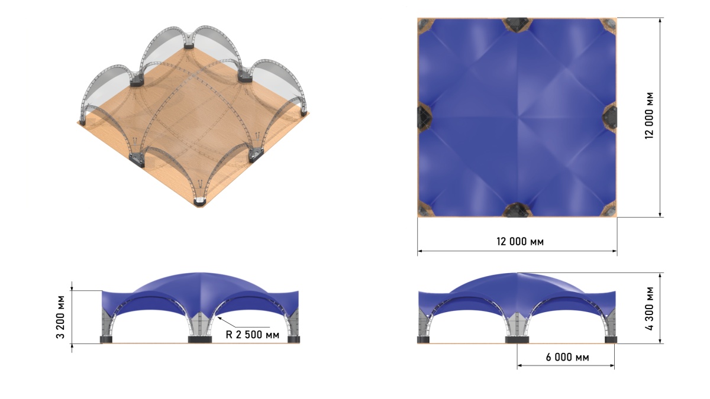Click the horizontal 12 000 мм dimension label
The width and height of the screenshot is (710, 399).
click(520, 242)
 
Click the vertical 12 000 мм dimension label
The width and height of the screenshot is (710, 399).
click(649, 116)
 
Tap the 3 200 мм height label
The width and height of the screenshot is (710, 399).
click(60, 317)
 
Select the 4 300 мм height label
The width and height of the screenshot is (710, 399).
click(649, 309)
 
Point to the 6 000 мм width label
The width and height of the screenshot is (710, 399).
click(567, 357)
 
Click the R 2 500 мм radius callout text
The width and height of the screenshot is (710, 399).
click(252, 335)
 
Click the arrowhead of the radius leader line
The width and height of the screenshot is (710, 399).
click(219, 318)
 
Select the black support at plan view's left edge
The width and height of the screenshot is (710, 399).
click(424, 117)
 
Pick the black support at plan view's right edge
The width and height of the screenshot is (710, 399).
click(609, 117)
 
